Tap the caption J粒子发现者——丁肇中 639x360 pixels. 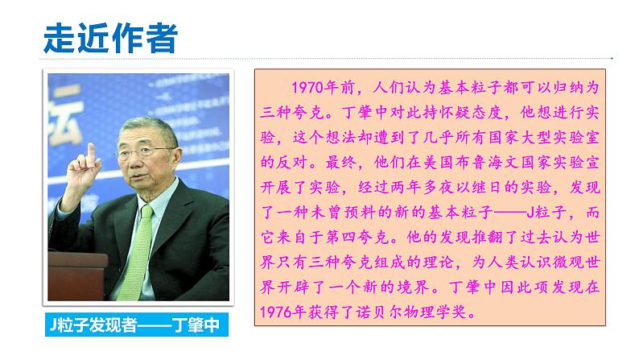(x=132, y=326)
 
